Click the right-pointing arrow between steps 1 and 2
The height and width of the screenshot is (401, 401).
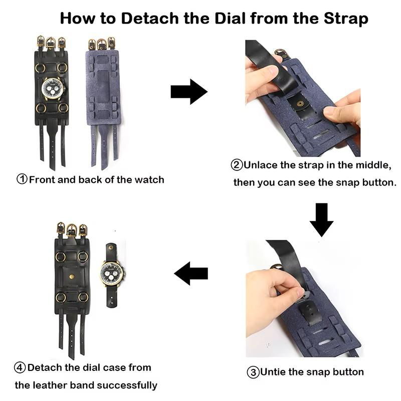tap(188, 92)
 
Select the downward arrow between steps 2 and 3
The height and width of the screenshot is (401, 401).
tap(321, 220)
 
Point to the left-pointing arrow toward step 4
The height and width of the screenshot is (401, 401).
tap(191, 273)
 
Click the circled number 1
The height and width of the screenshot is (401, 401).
tap(22, 179)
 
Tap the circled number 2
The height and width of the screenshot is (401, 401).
tap(237, 165)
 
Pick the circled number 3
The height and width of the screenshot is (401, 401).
tap(253, 372)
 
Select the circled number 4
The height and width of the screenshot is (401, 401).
tap(20, 367)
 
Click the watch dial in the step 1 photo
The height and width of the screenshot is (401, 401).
tap(52, 88)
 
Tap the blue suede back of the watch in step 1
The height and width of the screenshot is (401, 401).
tap(102, 85)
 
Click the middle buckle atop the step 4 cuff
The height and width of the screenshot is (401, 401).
tap(72, 230)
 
